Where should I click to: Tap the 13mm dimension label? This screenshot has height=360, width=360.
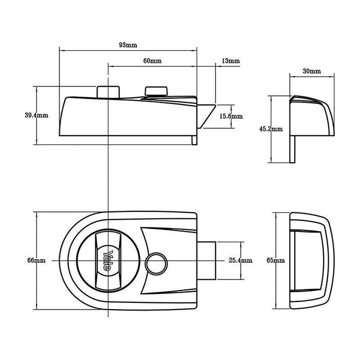point(230,61)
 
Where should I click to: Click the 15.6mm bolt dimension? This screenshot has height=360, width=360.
point(231,117)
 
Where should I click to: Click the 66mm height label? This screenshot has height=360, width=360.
point(37,261)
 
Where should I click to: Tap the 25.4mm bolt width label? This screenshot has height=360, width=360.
point(240,261)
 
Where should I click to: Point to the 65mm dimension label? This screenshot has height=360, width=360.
point(277,261)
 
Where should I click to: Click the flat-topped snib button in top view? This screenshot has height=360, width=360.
point(156,91)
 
